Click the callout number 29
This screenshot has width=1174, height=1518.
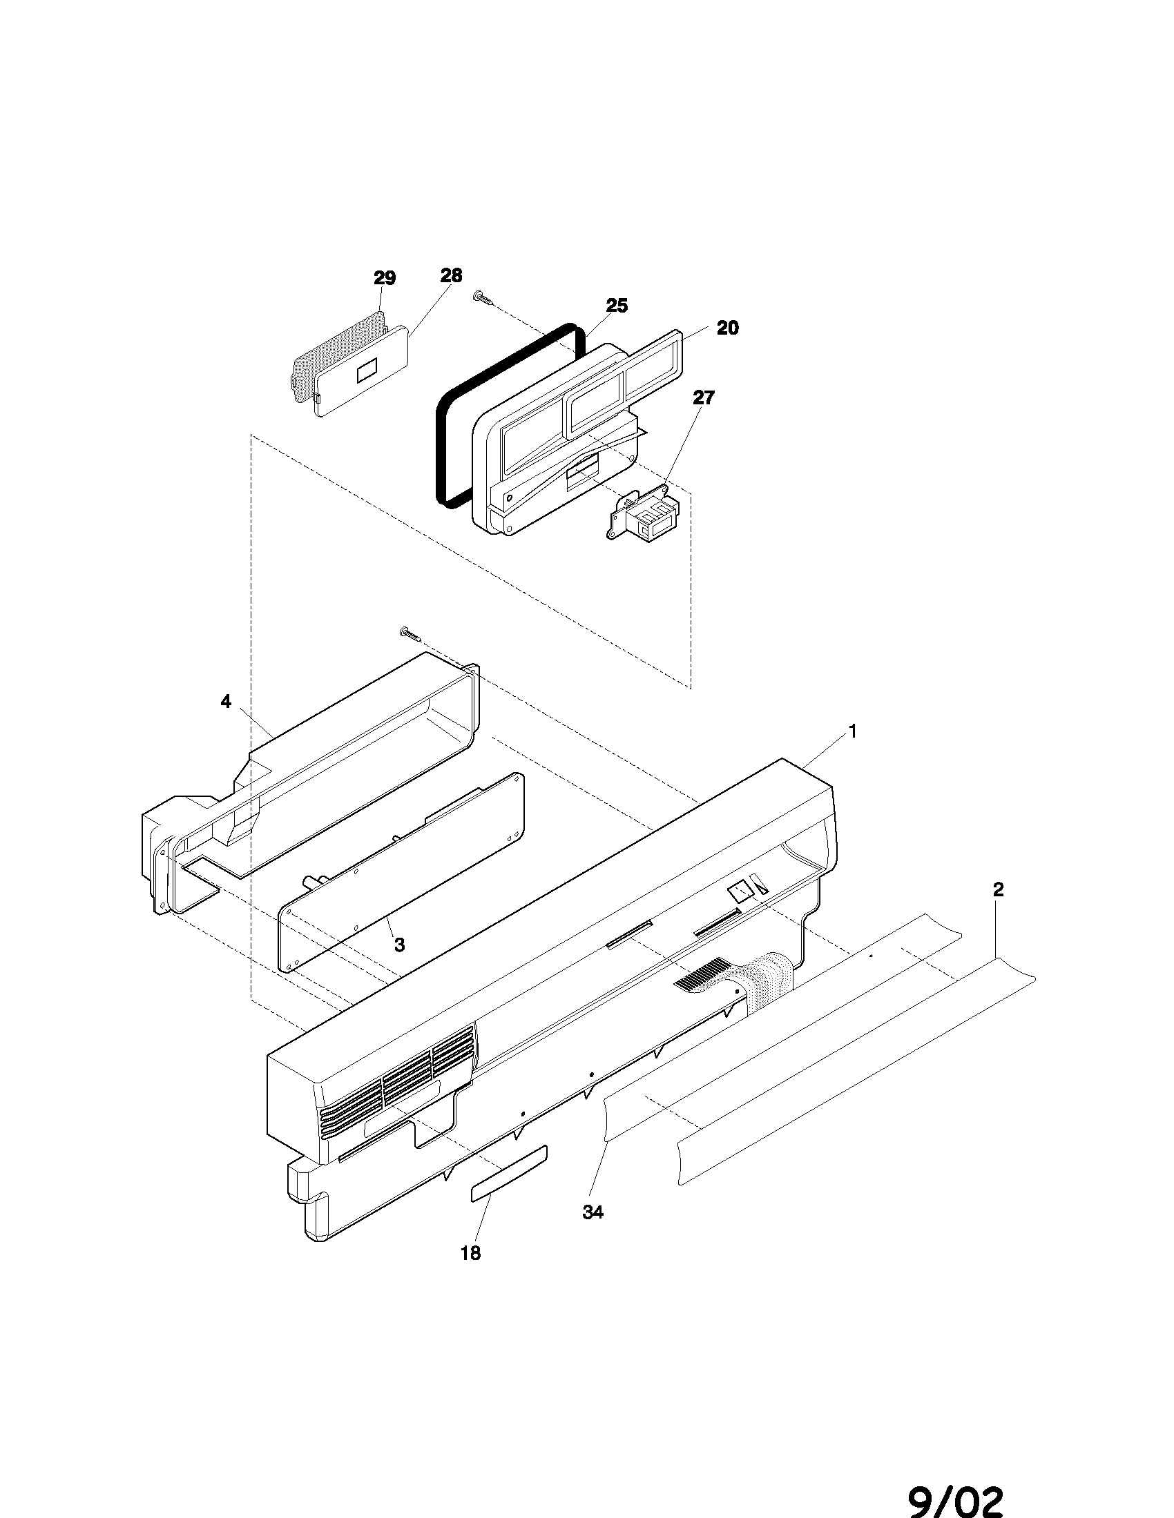385,279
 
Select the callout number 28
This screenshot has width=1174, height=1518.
451,275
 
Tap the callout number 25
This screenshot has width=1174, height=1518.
616,306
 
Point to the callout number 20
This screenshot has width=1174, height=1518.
726,328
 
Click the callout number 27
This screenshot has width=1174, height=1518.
704,397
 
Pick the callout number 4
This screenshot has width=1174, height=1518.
226,701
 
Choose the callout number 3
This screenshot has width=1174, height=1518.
399,945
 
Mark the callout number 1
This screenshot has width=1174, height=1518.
852,731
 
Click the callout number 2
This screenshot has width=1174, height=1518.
998,889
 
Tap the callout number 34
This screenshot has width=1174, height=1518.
593,1212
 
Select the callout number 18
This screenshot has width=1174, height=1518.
471,1253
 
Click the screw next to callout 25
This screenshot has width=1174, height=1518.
484,298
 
